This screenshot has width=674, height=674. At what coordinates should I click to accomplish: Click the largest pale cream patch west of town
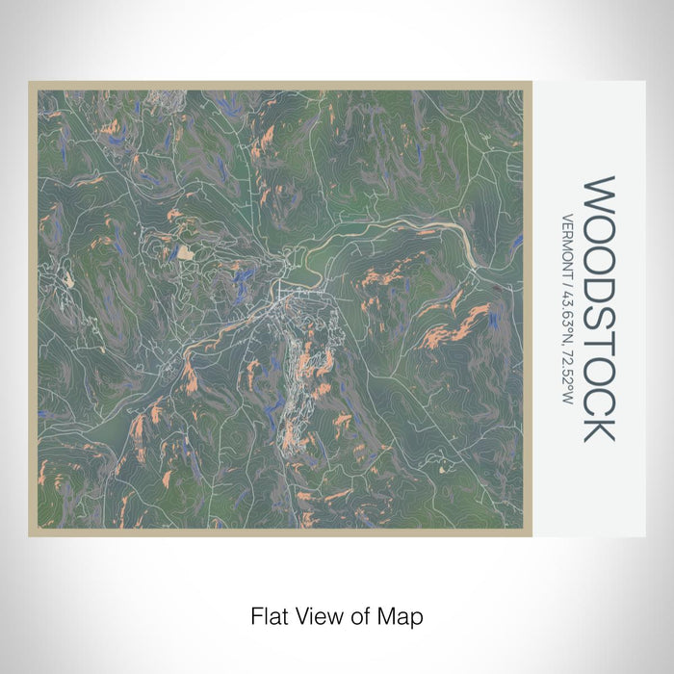pyautogui.click(x=184, y=252)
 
